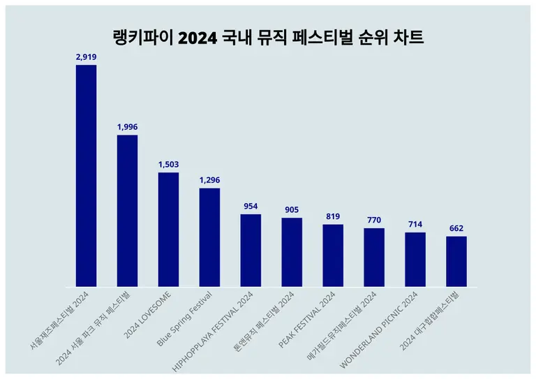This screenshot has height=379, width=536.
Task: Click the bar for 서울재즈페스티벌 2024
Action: pyautogui.click(x=86, y=175)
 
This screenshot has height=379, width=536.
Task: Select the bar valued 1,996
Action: pyautogui.click(x=127, y=211)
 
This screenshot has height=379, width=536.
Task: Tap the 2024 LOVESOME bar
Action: pyautogui.click(x=168, y=230)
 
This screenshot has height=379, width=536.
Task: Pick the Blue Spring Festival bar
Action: pyautogui.click(x=209, y=237)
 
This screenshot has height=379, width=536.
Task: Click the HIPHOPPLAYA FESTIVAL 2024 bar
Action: pyautogui.click(x=251, y=251)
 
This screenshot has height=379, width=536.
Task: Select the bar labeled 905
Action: pyautogui.click(x=292, y=252)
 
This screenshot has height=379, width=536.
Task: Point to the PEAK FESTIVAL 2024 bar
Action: pyautogui.click(x=333, y=255)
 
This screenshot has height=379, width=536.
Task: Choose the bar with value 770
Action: pyautogui.click(x=374, y=258)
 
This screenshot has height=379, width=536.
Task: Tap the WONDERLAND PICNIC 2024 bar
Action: pyautogui.click(x=415, y=260)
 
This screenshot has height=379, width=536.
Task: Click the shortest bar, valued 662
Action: pyautogui.click(x=456, y=262)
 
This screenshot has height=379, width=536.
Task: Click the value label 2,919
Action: pyautogui.click(x=86, y=57)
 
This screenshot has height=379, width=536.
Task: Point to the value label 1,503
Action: pyautogui.click(x=168, y=164)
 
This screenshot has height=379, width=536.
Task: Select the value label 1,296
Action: pyautogui.click(x=209, y=180)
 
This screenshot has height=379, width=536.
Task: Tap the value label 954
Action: pyautogui.click(x=251, y=206)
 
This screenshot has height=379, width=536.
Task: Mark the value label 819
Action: pyautogui.click(x=333, y=216)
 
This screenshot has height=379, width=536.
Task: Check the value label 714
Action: pyautogui.click(x=415, y=224)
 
